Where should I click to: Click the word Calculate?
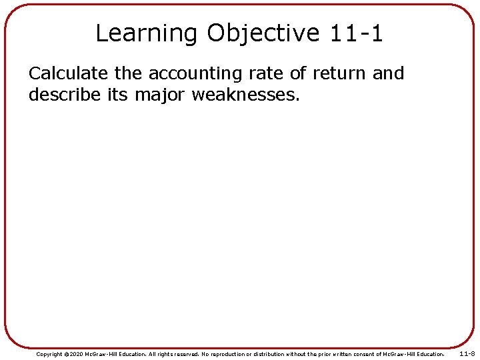point(69,74)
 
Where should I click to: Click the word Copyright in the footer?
point(49,354)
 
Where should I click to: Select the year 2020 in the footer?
point(78,354)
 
